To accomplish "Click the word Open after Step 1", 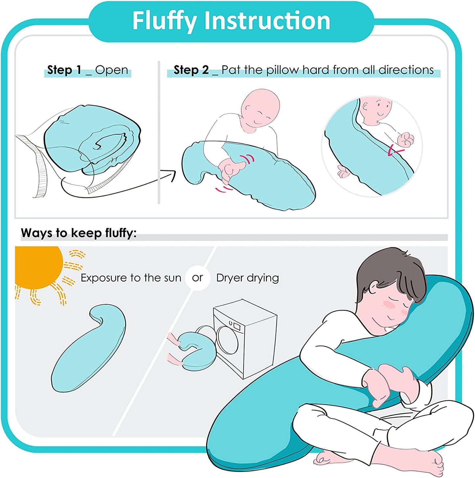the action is click(112, 70).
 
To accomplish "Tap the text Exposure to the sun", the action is click(131, 278).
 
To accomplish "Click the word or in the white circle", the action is click(198, 278).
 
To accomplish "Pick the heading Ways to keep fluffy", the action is click(79, 233).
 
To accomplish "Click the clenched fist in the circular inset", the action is click(406, 139).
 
